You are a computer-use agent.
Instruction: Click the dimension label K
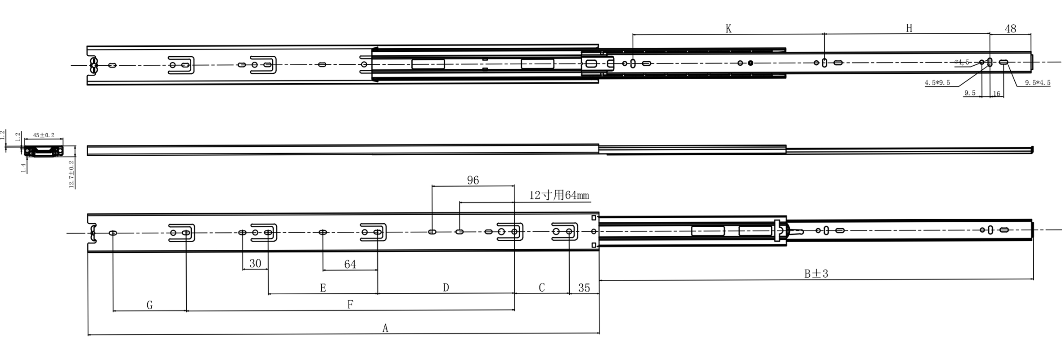click(x=729, y=29)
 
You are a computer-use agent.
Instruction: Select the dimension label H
click(x=909, y=28)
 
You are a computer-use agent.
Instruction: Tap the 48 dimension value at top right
click(x=1010, y=29)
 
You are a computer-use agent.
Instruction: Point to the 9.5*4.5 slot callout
click(x=1038, y=83)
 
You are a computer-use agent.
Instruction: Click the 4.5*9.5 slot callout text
click(x=937, y=83)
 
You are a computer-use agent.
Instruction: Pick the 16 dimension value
click(x=996, y=94)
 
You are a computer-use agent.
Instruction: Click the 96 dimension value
click(x=473, y=180)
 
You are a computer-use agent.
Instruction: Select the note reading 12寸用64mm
click(x=559, y=195)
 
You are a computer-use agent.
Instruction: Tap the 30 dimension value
click(x=255, y=264)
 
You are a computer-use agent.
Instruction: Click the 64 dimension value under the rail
click(x=350, y=265)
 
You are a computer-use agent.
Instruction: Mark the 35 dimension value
click(x=584, y=288)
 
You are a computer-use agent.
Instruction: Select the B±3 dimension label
click(x=816, y=274)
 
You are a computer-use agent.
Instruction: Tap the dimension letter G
click(x=149, y=305)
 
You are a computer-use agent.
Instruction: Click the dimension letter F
click(x=350, y=305)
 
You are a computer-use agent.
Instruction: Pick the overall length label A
click(x=385, y=328)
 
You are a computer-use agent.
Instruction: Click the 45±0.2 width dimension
click(x=44, y=135)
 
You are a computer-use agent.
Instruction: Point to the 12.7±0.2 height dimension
click(x=72, y=175)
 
